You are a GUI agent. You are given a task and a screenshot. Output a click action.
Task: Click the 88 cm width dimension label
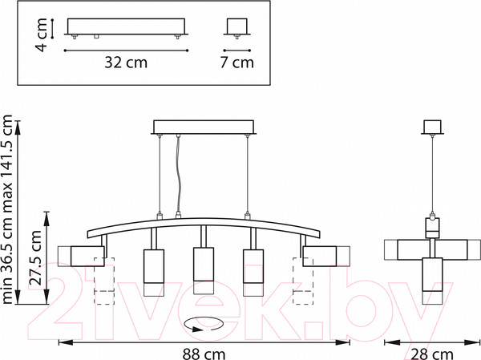[204, 354]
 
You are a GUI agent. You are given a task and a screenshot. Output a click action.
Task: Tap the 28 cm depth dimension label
[431, 354]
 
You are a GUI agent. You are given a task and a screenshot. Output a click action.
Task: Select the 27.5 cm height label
[36, 258]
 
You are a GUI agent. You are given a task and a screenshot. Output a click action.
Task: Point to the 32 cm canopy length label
[126, 63]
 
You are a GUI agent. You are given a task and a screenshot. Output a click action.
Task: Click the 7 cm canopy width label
[236, 63]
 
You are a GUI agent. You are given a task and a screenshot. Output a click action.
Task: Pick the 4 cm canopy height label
[41, 34]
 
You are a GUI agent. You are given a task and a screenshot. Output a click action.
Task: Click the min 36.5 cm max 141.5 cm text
[7, 209]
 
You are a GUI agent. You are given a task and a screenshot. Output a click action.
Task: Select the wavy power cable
[178, 174]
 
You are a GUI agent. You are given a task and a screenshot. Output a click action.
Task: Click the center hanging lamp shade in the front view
[204, 271]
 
